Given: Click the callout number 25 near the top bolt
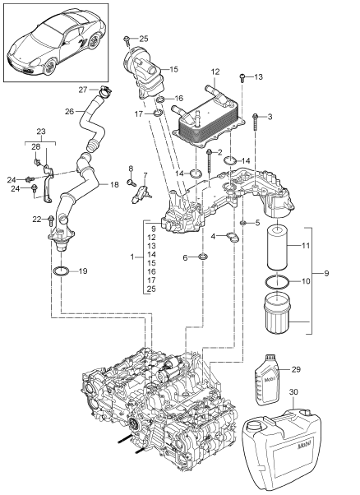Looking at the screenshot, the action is pyautogui.click(x=144, y=39).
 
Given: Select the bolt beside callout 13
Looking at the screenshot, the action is pyautogui.click(x=242, y=77).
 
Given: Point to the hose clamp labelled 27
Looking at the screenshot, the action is pyautogui.click(x=104, y=91).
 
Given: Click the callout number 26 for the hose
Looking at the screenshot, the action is pyautogui.click(x=70, y=111).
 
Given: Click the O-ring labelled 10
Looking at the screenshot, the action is pyautogui.click(x=277, y=281).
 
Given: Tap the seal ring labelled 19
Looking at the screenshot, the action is pyautogui.click(x=62, y=271).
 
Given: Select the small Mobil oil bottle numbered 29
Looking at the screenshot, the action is pyautogui.click(x=267, y=379).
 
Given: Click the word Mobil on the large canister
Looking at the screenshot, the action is pyautogui.click(x=304, y=446).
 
